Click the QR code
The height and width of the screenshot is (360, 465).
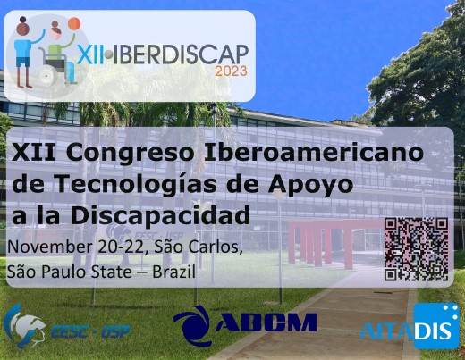[416, 249]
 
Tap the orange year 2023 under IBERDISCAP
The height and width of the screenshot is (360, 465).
[231, 71]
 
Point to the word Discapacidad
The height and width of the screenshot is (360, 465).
[160, 215]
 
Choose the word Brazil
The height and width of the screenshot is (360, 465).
[173, 272]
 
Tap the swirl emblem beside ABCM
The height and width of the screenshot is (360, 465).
[192, 325]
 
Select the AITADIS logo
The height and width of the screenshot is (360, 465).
[410, 326]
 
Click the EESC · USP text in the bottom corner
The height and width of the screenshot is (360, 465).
[91, 331]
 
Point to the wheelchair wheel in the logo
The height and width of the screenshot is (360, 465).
[47, 77]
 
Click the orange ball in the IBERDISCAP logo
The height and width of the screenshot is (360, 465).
[74, 24]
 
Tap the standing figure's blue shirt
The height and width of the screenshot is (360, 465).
[22, 49]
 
